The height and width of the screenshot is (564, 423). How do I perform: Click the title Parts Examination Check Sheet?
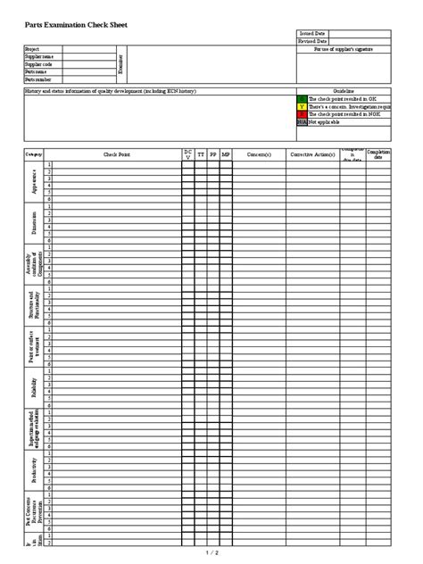click(x=70, y=25)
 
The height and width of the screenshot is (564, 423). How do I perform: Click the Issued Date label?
click(x=312, y=33)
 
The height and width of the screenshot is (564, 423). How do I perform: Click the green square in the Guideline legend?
click(x=302, y=99)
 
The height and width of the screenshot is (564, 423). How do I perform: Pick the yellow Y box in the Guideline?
click(x=302, y=106)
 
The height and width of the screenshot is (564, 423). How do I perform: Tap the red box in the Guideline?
click(x=302, y=114)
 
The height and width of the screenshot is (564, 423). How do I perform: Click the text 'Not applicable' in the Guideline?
click(x=327, y=121)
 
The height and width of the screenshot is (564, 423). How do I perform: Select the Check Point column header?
click(x=116, y=154)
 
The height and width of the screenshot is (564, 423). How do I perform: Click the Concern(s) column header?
click(x=259, y=154)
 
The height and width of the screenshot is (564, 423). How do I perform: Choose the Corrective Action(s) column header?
click(x=312, y=154)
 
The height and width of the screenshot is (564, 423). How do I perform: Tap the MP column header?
click(x=226, y=154)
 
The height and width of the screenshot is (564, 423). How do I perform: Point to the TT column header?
click(x=201, y=154)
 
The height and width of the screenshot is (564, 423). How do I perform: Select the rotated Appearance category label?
click(x=34, y=182)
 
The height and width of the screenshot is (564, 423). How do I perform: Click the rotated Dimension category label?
click(x=34, y=223)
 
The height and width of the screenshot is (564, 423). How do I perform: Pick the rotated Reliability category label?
click(x=34, y=387)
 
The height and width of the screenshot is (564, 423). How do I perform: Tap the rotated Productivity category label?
click(x=34, y=470)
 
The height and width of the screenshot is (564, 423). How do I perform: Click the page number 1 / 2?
click(x=211, y=553)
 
